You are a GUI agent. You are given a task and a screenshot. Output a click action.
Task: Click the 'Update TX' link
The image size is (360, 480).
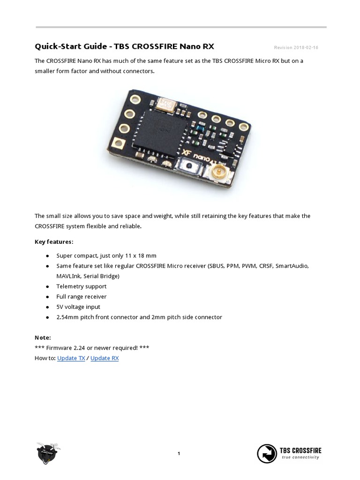(71, 358)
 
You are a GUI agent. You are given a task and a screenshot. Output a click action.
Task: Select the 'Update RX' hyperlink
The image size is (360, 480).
(105, 358)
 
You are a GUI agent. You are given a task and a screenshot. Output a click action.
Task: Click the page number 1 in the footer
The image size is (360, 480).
(179, 453)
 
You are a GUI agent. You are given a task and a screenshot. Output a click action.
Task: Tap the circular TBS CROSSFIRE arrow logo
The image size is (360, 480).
(267, 453)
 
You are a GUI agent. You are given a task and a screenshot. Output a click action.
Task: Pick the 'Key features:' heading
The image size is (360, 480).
(54, 242)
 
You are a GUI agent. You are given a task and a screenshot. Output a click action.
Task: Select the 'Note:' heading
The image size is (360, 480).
(43, 337)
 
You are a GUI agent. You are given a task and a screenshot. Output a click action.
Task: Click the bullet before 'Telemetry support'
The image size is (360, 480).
(48, 286)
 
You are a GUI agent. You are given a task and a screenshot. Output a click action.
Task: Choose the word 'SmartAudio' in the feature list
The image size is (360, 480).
(292, 266)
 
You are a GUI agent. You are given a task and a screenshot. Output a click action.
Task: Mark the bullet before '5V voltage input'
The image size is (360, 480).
(48, 307)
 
